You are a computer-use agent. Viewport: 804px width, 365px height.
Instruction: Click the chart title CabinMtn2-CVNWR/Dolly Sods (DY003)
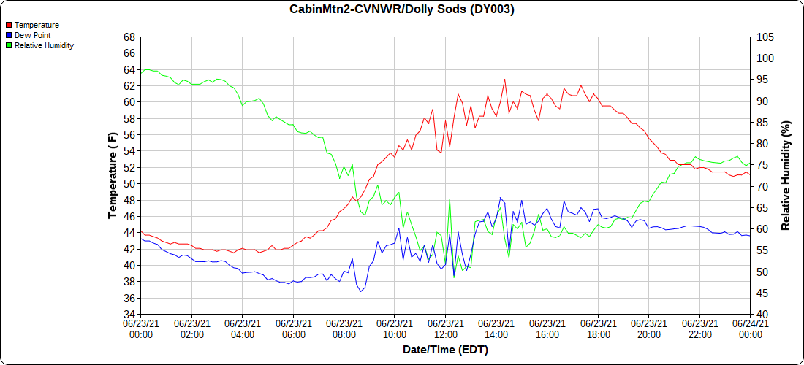pyautogui.click(x=401, y=9)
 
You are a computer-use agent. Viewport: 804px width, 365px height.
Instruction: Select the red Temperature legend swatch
pyautogui.click(x=9, y=25)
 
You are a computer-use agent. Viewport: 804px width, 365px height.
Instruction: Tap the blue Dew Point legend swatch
pyautogui.click(x=9, y=35)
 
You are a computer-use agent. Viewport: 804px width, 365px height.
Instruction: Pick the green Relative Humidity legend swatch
pyautogui.click(x=9, y=45)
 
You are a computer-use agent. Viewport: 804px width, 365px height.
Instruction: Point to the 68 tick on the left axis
pyautogui.click(x=129, y=37)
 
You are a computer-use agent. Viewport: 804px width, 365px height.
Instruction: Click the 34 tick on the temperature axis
pyautogui.click(x=129, y=315)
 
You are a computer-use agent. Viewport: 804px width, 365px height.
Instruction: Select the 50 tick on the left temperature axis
pyautogui.click(x=129, y=184)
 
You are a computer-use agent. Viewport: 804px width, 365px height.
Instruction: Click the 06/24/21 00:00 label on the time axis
pyautogui.click(x=750, y=328)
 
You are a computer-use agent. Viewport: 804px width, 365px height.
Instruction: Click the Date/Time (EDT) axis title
pyautogui.click(x=446, y=350)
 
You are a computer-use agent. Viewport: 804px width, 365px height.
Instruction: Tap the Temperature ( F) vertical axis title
pyautogui.click(x=113, y=176)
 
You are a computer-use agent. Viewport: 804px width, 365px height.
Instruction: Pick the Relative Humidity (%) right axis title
pyautogui.click(x=785, y=176)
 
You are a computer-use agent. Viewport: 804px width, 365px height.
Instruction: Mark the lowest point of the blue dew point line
pyautogui.click(x=361, y=291)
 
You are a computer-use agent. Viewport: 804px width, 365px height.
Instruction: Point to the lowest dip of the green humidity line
pyautogui.click(x=454, y=277)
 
